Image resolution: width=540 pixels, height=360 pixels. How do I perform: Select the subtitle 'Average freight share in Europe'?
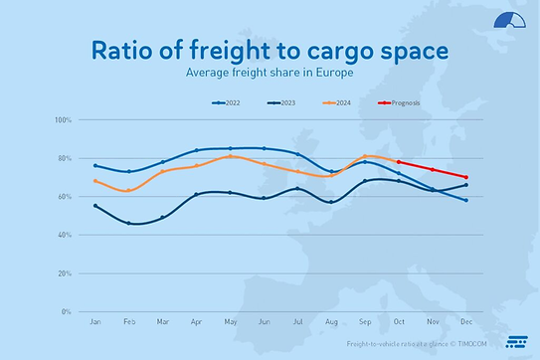click(269, 73)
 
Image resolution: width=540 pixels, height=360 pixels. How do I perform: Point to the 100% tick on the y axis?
click(63, 120)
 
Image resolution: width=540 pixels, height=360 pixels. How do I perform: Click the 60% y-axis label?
click(65, 197)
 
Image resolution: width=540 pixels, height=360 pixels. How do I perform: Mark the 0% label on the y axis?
click(67, 311)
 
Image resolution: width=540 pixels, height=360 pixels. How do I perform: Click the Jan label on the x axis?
click(95, 323)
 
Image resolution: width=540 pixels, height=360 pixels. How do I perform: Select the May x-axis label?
click(231, 323)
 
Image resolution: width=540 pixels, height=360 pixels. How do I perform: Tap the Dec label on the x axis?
click(465, 323)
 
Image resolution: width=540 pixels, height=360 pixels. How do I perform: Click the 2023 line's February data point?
click(129, 224)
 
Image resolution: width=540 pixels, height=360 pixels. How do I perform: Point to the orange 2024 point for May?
click(231, 156)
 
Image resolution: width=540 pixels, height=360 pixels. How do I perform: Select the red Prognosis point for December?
click(465, 177)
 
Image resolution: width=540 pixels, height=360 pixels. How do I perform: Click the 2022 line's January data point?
click(95, 165)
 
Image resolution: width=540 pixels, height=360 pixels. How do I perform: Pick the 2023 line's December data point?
click(465, 185)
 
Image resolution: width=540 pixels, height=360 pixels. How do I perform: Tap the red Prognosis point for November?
click(432, 170)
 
